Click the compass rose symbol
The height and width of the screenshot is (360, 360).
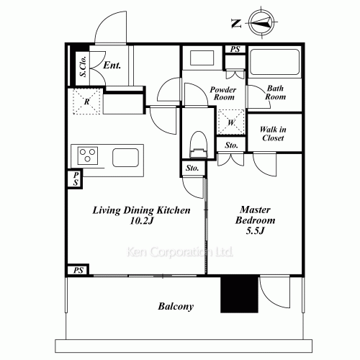coord(261,23)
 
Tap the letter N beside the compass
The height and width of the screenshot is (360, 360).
coord(236,24)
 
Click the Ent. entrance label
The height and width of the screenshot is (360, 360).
coord(112,66)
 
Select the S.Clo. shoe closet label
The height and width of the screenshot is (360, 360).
coord(84,66)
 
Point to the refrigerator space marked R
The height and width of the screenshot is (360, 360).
coord(86,102)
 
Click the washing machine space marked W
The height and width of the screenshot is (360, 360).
coord(231,122)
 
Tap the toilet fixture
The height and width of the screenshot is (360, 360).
coord(199,145)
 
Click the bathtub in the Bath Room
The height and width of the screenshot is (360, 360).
coord(274,62)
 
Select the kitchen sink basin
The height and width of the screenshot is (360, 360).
coord(125,158)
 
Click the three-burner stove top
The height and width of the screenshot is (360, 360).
coord(88,156)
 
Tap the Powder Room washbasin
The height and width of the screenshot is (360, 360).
coord(202,58)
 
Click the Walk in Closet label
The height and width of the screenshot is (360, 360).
coord(273,133)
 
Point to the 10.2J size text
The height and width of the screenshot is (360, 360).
coord(141,221)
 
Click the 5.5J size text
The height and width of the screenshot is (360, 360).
coord(255,230)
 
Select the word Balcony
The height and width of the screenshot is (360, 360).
coord(176,307)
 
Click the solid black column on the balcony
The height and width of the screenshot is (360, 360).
coord(239,294)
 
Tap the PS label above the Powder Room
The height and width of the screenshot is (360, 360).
coord(235,49)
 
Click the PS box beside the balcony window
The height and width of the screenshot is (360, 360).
coord(78,270)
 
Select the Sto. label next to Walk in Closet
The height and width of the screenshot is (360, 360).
coord(231,145)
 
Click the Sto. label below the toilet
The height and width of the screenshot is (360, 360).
coord(192,168)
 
